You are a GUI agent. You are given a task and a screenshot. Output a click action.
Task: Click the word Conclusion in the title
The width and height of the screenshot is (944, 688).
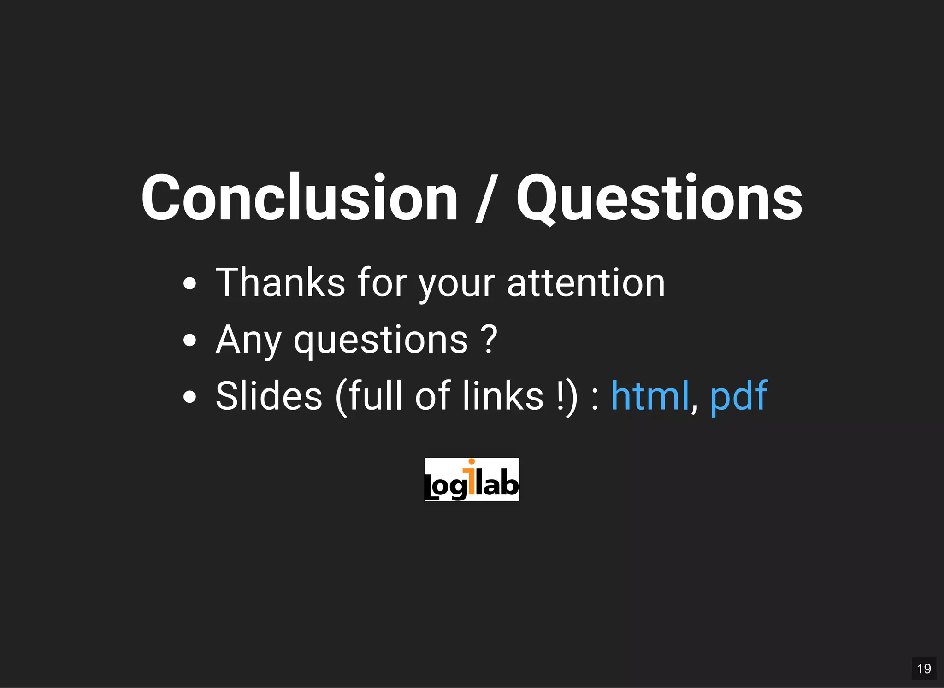click(x=300, y=198)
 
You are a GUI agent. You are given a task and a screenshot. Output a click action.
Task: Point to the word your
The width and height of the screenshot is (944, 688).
click(x=456, y=283)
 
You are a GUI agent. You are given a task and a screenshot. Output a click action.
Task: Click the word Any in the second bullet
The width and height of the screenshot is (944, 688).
click(x=248, y=340)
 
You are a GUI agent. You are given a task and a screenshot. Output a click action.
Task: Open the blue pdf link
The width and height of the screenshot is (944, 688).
click(x=738, y=396)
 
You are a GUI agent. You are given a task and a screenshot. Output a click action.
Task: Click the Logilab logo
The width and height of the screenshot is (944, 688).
click(x=472, y=480)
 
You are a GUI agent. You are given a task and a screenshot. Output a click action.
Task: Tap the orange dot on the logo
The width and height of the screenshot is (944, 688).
click(x=471, y=461)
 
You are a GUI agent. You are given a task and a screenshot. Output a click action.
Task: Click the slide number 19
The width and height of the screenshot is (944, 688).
click(x=924, y=669)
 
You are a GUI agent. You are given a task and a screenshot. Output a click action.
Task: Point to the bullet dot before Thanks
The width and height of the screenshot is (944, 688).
click(x=189, y=283)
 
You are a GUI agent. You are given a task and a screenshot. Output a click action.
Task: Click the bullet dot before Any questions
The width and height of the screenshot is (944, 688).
click(x=189, y=340)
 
